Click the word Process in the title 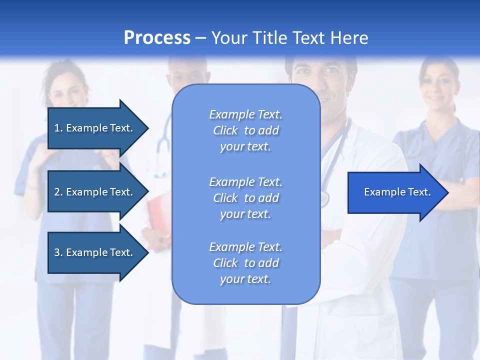tap(157, 38)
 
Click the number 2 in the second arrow tap(57, 192)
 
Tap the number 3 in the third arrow tap(57, 252)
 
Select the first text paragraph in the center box tap(245, 130)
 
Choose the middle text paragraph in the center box tap(245, 198)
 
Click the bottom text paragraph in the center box tap(245, 263)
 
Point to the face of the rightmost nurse tap(438, 85)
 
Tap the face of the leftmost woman tap(67, 90)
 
